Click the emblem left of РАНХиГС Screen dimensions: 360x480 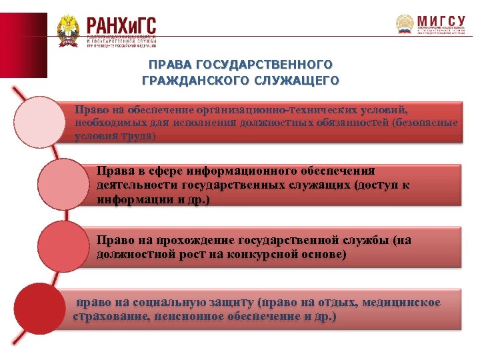pyautogui.click(x=69, y=31)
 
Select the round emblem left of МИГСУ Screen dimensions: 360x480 pyautogui.click(x=405, y=25)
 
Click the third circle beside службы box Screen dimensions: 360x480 pyautogui.click(x=63, y=247)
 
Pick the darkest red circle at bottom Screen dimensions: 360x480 pyautogui.click(x=40, y=309)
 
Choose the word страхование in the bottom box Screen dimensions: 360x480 pyautogui.click(x=111, y=316)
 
